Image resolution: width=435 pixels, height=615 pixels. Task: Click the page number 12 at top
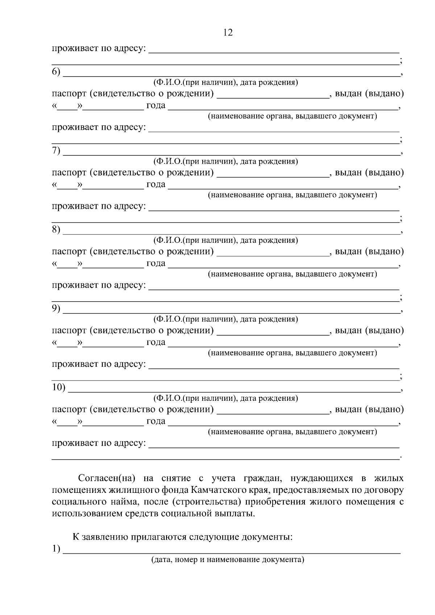[228, 33]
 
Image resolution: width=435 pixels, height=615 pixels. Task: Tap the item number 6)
[56, 72]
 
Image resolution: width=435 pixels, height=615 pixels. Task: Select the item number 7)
[56, 151]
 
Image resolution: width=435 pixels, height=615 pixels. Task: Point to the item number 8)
[56, 229]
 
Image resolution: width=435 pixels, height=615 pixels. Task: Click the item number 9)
[56, 308]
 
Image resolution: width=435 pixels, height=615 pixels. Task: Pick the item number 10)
[58, 387]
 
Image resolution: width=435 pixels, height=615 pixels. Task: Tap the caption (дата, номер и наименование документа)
[228, 560]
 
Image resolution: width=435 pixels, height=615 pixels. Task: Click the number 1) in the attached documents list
[56, 549]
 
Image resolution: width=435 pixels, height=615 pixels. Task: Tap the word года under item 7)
[156, 184]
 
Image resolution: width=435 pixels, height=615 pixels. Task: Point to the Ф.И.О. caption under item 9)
[225, 319]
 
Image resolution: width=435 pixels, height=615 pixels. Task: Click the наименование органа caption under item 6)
[292, 116]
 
